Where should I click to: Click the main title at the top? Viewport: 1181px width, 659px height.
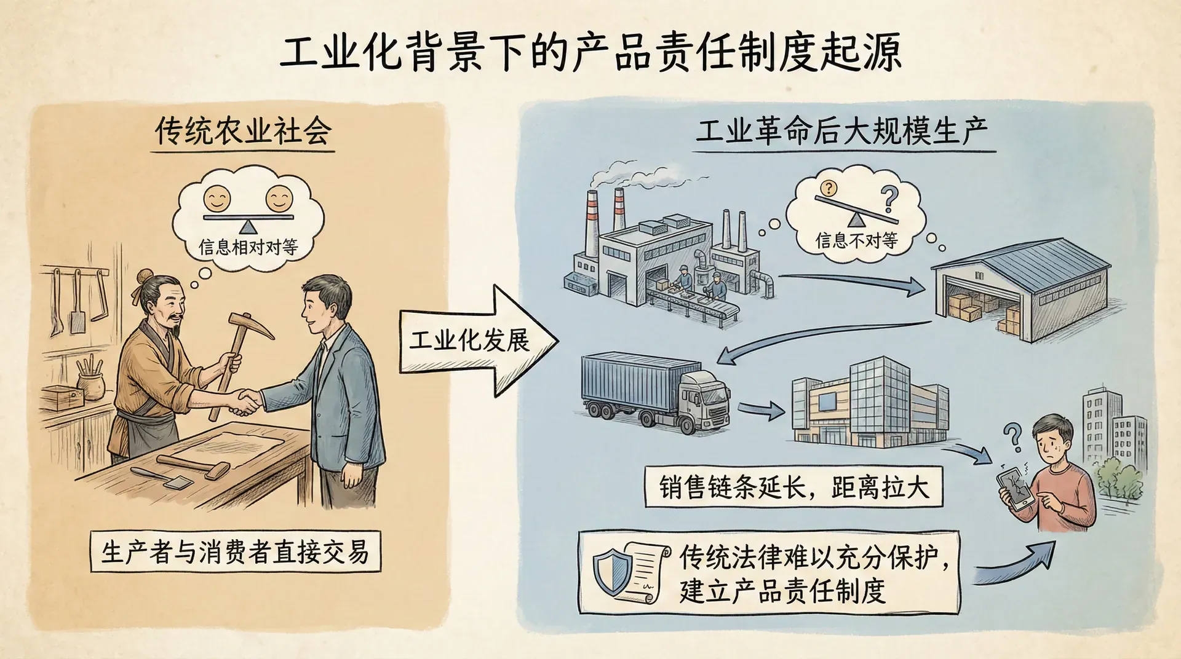tap(590, 52)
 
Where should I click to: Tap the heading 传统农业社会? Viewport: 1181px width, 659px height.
tap(243, 131)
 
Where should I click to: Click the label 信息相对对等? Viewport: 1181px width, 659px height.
tap(248, 247)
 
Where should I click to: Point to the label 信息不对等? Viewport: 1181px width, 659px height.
tap(856, 240)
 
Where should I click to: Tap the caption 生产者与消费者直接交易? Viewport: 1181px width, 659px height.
tap(235, 551)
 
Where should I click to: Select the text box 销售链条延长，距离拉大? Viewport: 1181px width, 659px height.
tap(793, 487)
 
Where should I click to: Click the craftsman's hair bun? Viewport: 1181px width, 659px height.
tap(144, 277)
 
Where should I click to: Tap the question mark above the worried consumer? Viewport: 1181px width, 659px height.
tap(1012, 436)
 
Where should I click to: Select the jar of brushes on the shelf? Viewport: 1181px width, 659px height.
tap(90, 381)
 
